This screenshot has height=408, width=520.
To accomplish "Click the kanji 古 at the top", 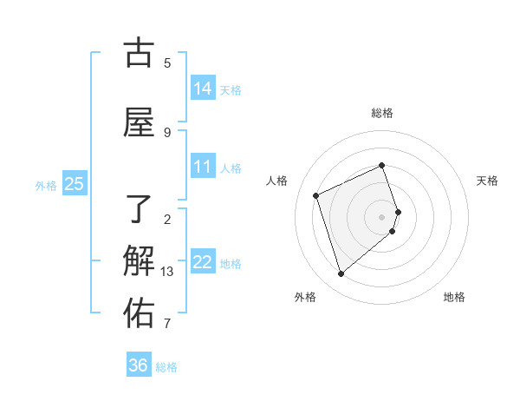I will tap(139, 54).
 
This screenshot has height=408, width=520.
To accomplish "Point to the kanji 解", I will tap(139, 260).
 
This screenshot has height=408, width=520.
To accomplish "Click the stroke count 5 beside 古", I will tap(167, 63).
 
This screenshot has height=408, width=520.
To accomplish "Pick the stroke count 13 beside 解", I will tap(167, 272).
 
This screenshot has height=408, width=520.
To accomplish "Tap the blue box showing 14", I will tap(203, 88).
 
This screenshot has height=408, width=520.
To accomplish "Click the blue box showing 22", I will tap(203, 261).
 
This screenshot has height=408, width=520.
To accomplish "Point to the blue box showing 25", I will tap(75, 183).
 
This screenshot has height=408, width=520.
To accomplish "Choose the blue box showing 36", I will tap(139, 365).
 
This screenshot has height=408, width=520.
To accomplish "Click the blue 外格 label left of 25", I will tap(46, 185).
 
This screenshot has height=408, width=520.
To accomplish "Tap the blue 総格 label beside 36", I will tap(166, 367).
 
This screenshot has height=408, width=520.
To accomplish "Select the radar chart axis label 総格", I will tap(382, 113).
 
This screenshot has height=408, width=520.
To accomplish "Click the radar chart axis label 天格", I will tap(488, 181).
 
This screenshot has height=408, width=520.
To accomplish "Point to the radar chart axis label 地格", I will tap(454, 297).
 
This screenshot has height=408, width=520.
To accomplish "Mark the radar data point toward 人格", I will tap(316, 195).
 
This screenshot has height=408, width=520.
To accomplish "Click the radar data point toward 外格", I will tap(341, 274).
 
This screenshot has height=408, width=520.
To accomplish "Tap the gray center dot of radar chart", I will tap(382, 216).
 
